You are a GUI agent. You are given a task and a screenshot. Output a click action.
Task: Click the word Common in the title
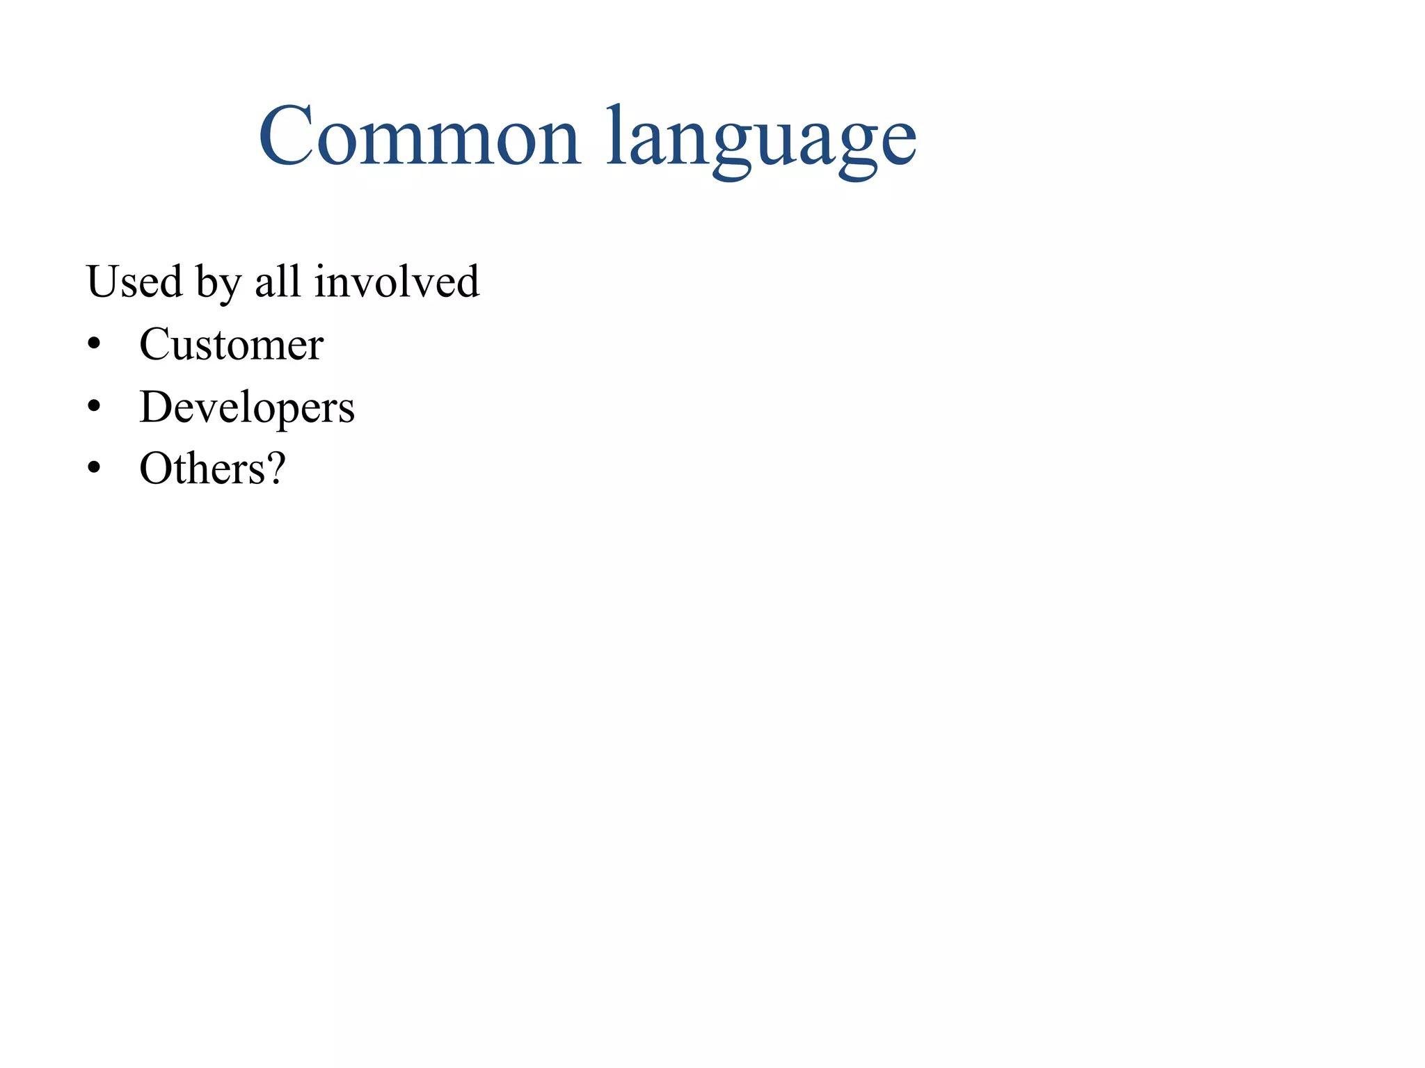coord(419,136)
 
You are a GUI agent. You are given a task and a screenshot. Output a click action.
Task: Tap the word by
coord(218,284)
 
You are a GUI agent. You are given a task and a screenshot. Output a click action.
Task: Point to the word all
coord(278,282)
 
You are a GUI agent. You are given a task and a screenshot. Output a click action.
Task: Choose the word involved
coord(397,282)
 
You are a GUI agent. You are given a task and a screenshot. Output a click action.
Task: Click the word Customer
coord(231,344)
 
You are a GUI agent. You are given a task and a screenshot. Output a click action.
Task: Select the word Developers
coord(247,407)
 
